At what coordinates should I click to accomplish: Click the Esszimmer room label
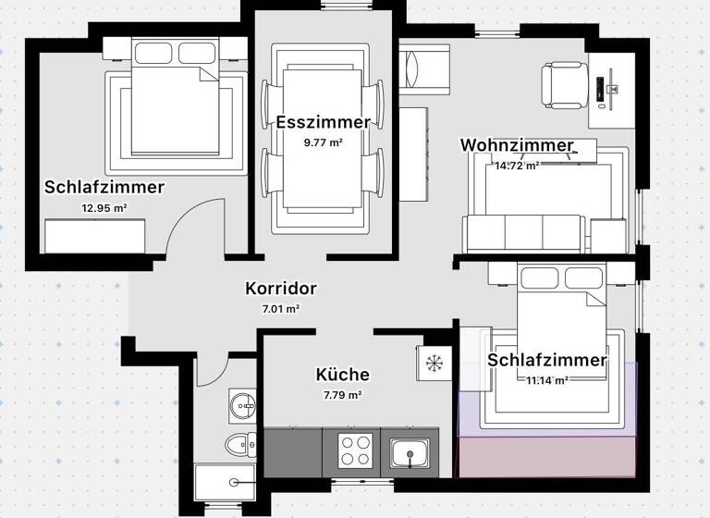click(323, 122)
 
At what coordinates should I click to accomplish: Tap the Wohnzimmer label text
click(516, 146)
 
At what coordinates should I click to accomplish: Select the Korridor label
click(281, 289)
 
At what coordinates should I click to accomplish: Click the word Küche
click(342, 375)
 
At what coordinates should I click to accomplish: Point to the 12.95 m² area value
click(104, 208)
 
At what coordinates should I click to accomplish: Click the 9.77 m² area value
click(323, 142)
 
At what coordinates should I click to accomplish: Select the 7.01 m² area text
click(278, 309)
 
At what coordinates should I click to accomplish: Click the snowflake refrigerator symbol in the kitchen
click(433, 361)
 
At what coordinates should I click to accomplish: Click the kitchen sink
click(408, 453)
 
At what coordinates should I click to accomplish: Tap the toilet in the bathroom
click(239, 445)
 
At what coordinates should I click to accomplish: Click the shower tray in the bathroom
click(224, 482)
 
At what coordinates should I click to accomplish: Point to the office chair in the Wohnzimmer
click(561, 83)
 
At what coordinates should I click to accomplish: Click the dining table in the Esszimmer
click(323, 139)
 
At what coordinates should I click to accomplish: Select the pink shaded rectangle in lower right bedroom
click(547, 456)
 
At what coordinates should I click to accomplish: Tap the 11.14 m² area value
click(547, 380)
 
